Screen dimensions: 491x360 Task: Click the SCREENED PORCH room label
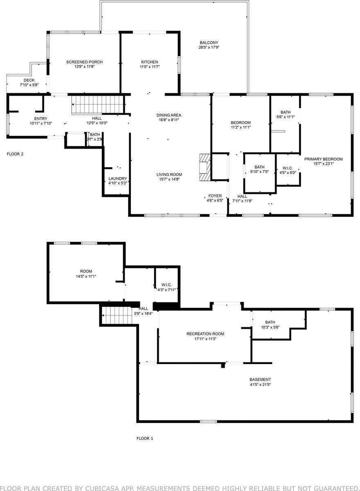point(84,62)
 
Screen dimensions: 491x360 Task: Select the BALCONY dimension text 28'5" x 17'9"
point(209,47)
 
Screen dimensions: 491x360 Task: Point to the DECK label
point(29,80)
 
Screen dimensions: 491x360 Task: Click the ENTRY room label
point(41,119)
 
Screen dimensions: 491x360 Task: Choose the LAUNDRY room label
point(118,178)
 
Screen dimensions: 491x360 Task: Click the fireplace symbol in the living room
point(205,167)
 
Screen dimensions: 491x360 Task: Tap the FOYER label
point(215,196)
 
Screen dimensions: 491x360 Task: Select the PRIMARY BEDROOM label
point(323,159)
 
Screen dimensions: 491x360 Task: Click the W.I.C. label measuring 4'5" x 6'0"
point(288,168)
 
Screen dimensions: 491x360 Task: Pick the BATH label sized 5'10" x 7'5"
point(259,167)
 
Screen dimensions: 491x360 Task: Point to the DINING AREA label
point(169,115)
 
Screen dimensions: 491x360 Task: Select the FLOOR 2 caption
point(15,154)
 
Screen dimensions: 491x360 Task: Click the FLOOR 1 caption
point(144,438)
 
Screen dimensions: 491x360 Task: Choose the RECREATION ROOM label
point(205,334)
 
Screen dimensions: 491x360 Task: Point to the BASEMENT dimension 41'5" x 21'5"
point(260,385)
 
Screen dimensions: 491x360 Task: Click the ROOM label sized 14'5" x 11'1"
point(86,271)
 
